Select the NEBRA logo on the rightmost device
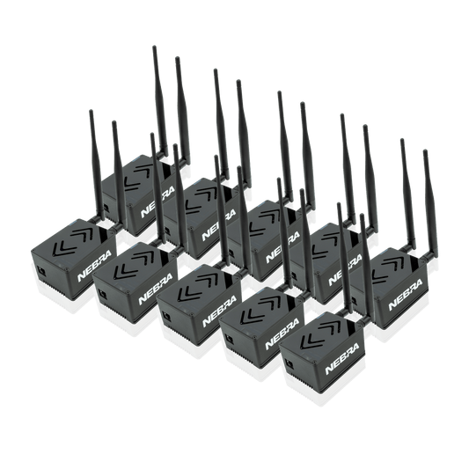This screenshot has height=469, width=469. pos(406,295)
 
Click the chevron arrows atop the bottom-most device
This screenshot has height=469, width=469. pos(320,336)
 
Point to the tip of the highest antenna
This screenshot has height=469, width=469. pos(154,48)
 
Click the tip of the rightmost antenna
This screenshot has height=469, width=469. pos(425,151)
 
